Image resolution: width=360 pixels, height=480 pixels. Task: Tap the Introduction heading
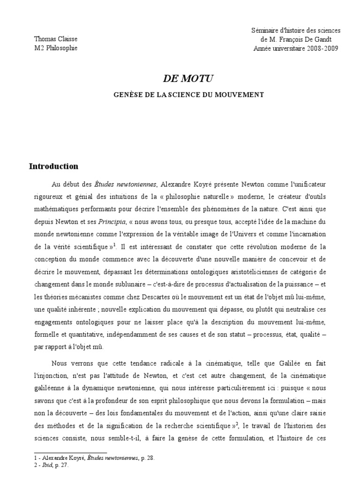pyautogui.click(x=53, y=166)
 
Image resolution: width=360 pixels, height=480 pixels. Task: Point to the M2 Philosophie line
pyautogui.click(x=53, y=48)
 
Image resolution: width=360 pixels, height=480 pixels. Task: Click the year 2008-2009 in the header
pyautogui.click(x=322, y=48)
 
